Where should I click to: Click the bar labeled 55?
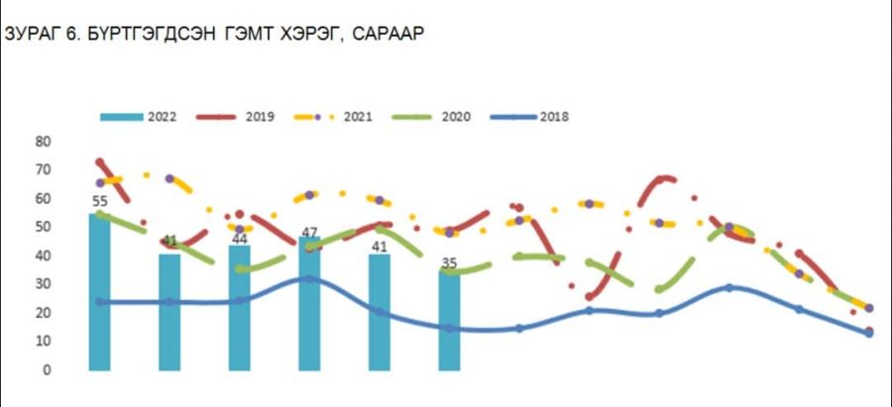[x=100, y=292]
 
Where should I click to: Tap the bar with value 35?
[x=449, y=321]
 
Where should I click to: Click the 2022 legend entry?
[x=140, y=117]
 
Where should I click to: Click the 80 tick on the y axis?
[x=43, y=142]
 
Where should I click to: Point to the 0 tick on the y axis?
[x=46, y=370]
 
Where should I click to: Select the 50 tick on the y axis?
[x=43, y=228]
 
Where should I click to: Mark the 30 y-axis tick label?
[x=43, y=285]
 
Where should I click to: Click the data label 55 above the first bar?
[x=100, y=201]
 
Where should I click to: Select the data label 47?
[x=308, y=233]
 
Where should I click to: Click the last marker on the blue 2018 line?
[x=869, y=334]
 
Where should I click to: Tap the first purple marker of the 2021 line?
[x=100, y=183]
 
